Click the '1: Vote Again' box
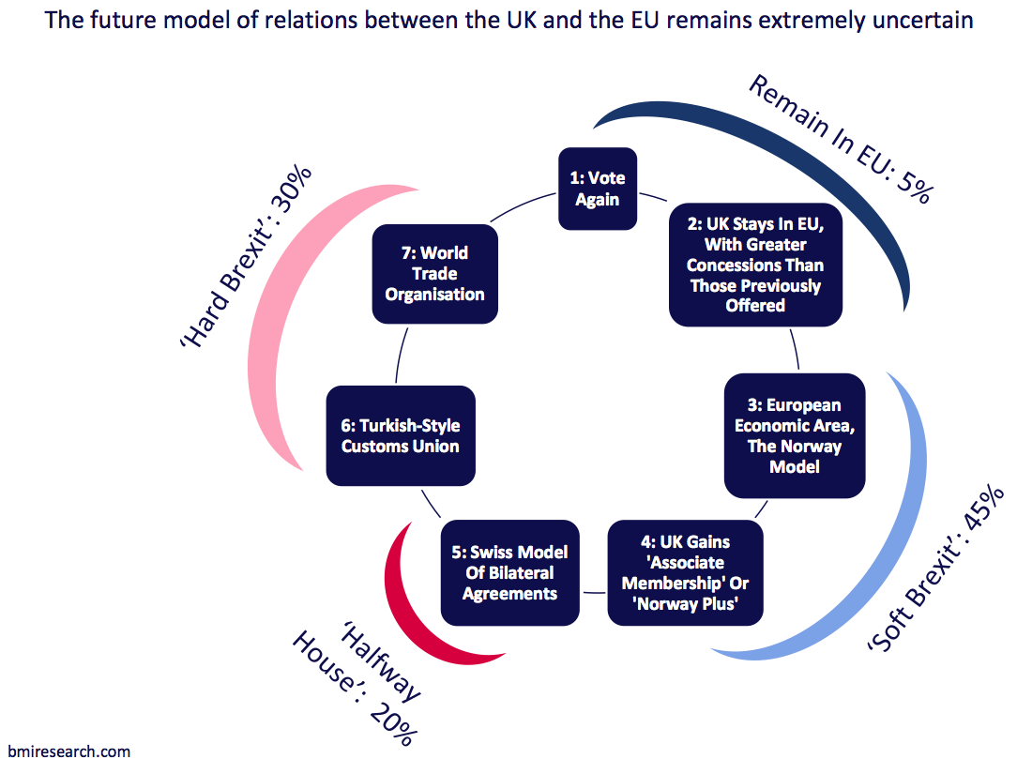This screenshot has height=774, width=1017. click(598, 189)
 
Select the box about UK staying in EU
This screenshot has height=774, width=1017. click(755, 265)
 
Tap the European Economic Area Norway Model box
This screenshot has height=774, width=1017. click(795, 435)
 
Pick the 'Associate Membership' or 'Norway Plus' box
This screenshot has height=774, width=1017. click(685, 573)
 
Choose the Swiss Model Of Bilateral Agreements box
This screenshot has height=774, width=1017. click(509, 573)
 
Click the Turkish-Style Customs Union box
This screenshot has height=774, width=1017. click(401, 436)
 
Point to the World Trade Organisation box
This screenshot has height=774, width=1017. click(434, 274)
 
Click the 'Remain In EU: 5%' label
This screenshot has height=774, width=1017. click(841, 139)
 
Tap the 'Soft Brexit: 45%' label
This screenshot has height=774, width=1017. click(936, 568)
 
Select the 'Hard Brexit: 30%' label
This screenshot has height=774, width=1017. click(246, 258)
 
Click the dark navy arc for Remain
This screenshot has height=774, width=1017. click(804, 153)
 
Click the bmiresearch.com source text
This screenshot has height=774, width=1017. click(69, 751)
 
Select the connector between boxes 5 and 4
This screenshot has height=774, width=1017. click(594, 592)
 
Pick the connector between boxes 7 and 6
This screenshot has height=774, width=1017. click(401, 355)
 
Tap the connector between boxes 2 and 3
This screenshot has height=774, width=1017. click(796, 350)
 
